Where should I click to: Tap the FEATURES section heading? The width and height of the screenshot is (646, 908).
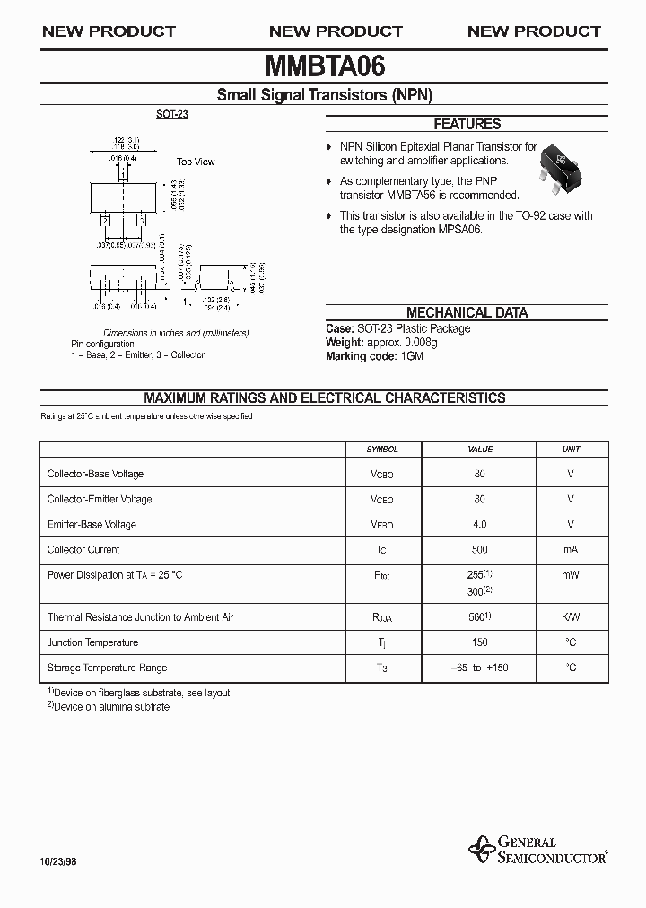(x=467, y=125)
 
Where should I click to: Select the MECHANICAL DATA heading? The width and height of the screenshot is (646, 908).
(x=467, y=313)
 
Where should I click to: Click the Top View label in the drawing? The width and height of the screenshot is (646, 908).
(x=196, y=162)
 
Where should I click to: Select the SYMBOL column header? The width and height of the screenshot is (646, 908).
(x=382, y=450)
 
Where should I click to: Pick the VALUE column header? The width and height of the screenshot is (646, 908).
(x=480, y=450)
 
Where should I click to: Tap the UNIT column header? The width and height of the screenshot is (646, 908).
(x=571, y=450)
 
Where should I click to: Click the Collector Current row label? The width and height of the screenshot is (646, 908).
(x=83, y=549)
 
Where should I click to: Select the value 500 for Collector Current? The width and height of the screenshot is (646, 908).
(x=480, y=549)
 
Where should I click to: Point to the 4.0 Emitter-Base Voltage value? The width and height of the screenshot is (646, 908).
(x=480, y=524)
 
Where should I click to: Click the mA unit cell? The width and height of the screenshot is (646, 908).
(x=571, y=549)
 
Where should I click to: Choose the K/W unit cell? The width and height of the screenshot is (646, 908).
(x=571, y=617)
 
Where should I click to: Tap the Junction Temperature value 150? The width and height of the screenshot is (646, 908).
(x=480, y=642)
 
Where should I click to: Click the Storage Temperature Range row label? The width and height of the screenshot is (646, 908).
(x=107, y=668)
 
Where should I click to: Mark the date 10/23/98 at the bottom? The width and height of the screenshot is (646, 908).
(x=59, y=861)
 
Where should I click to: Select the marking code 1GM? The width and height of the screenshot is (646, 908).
(x=410, y=356)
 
